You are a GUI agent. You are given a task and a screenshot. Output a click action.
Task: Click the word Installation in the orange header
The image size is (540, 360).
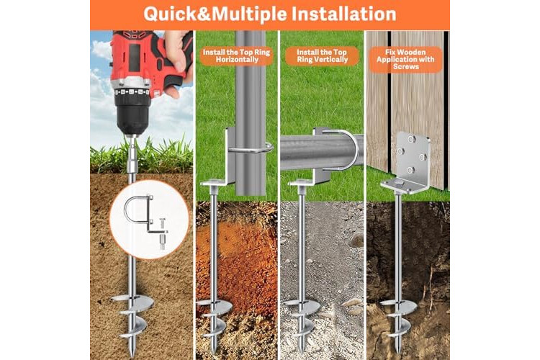343,14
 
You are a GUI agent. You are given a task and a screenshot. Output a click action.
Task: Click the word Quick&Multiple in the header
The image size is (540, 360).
215,15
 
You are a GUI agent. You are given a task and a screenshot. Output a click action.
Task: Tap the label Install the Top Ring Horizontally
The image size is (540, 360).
236,56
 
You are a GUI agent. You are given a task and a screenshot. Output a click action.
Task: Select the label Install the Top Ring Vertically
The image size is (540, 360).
322,56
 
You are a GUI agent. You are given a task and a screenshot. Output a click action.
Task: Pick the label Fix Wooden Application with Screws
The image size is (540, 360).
405,59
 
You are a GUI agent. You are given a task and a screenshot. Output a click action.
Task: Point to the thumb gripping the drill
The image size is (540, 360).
177,52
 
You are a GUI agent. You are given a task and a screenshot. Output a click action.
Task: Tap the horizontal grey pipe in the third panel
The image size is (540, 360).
322,152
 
